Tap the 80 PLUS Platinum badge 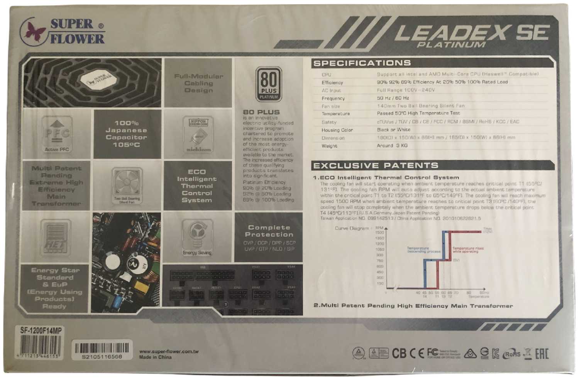(x=269, y=84)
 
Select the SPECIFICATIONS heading (x=362, y=63)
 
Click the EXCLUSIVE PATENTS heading (x=376, y=166)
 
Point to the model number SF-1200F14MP (x=41, y=331)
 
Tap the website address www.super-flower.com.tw (x=169, y=351)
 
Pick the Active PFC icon (x=57, y=135)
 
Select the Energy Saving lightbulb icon (x=197, y=237)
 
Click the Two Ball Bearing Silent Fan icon (x=127, y=185)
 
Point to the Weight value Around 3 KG (x=392, y=146)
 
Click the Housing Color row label (x=337, y=130)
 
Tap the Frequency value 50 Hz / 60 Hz (x=393, y=98)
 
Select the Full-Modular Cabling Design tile (x=198, y=83)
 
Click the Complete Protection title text (x=269, y=231)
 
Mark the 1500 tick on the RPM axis (x=379, y=233)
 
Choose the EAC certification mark (x=542, y=353)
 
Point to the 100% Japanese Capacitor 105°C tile (x=126, y=134)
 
